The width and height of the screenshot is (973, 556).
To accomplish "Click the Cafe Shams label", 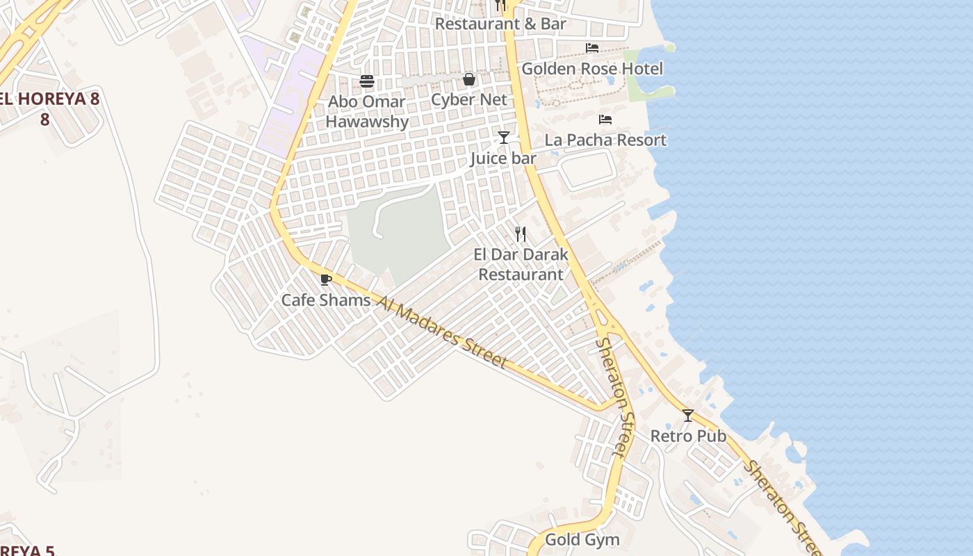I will pos(325,300).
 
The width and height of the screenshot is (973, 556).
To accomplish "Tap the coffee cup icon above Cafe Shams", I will pos(325,279).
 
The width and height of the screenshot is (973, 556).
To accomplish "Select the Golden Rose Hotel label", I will pos(592,69).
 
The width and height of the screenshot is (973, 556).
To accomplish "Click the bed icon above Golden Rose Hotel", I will pos(592,47).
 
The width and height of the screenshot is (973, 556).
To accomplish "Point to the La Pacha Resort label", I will pos(605,140).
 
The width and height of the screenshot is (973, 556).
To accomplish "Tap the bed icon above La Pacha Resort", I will pos(605,119).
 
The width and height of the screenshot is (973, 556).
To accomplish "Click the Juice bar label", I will pos(503,158).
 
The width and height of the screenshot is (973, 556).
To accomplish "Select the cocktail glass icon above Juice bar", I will pos(504,137).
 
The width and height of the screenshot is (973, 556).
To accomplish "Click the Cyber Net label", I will pos(469,99).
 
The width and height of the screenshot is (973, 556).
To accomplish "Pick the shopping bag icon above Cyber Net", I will pos(469,79).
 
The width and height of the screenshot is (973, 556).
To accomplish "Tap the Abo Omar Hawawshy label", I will pos(366,111).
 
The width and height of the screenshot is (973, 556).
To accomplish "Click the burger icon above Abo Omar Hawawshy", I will pos(367,81).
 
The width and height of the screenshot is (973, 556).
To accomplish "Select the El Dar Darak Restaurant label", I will pos(521,264).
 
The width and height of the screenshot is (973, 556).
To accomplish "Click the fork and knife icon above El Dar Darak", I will pos(521,234).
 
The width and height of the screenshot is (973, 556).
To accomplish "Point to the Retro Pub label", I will pos(688,436).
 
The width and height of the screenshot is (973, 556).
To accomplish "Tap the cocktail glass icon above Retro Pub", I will pos(688,415).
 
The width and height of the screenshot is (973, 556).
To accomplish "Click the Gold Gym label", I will pos(582,539).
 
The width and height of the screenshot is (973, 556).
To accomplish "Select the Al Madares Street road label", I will pos(441,331).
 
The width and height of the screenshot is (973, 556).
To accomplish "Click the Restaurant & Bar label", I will pos(500,24).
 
